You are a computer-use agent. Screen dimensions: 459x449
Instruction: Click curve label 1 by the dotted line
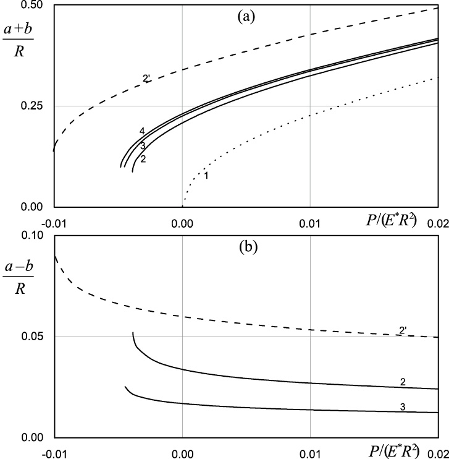206,177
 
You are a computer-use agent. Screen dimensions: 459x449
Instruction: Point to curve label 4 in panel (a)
142,131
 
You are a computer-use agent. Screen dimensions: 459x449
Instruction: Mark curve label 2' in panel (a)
146,79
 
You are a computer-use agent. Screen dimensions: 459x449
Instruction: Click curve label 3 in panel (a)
142,146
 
